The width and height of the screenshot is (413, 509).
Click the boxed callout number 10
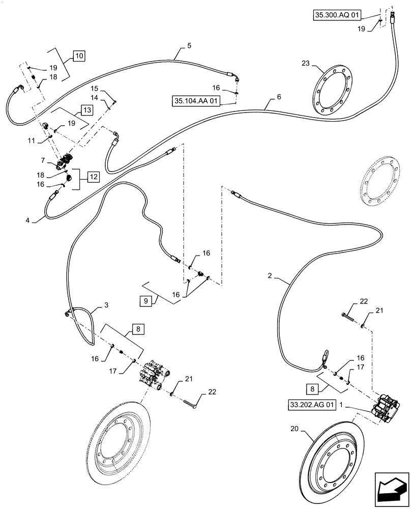(x=80, y=55)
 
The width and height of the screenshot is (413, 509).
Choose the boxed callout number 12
(x=94, y=177)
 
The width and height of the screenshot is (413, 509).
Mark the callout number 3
(x=106, y=305)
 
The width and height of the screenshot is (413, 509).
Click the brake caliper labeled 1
(x=385, y=410)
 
